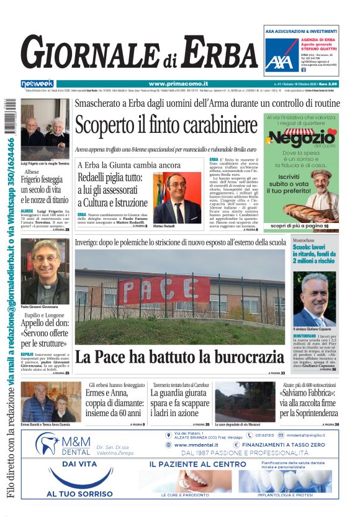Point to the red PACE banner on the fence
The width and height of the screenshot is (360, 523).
click(x=164, y=289)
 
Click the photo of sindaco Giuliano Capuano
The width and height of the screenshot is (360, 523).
click(x=314, y=299)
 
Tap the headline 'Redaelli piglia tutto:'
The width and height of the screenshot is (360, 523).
click(x=112, y=178)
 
